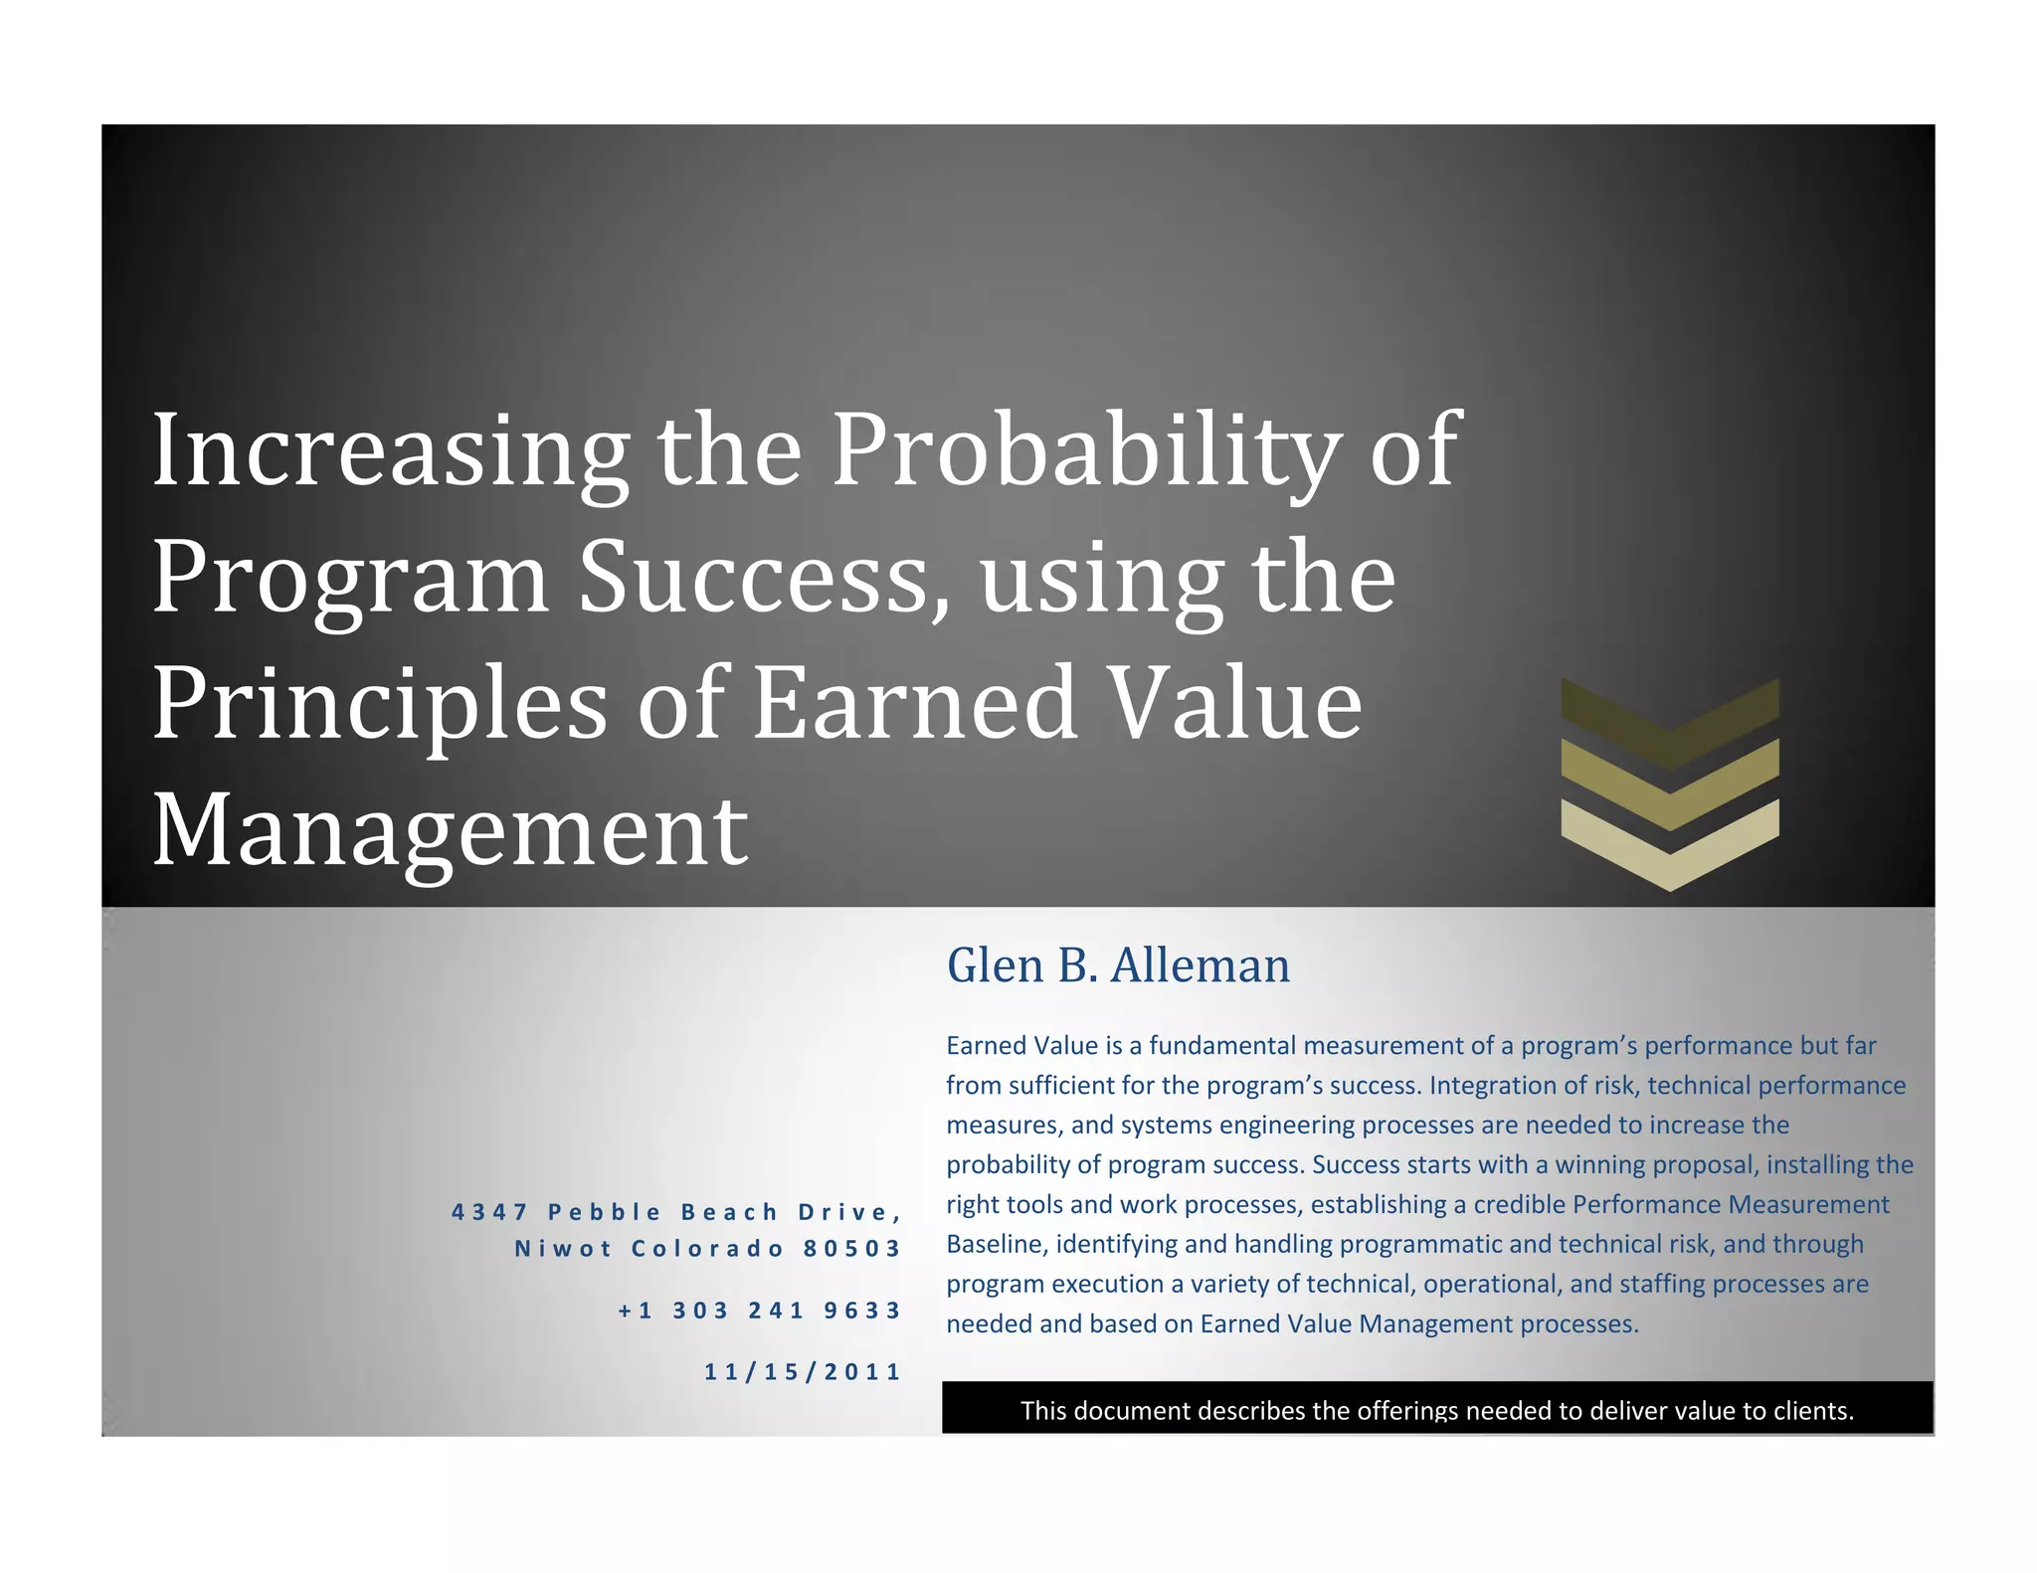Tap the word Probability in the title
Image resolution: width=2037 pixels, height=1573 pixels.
pos(1084,451)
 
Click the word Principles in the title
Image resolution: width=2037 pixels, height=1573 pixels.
pos(379,706)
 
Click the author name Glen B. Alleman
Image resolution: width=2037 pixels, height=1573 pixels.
pos(1118,965)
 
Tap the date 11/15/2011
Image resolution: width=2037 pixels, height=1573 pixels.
pos(802,1372)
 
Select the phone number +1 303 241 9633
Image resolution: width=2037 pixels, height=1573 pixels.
pos(759,1311)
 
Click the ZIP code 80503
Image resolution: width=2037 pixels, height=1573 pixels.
pos(851,1249)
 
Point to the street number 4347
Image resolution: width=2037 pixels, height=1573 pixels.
pos(489,1212)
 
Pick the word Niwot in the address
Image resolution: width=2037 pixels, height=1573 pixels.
pos(563,1249)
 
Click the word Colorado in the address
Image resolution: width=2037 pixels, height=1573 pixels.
pos(708,1249)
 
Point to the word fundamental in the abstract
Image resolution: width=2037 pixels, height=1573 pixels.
pos(1222,1046)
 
